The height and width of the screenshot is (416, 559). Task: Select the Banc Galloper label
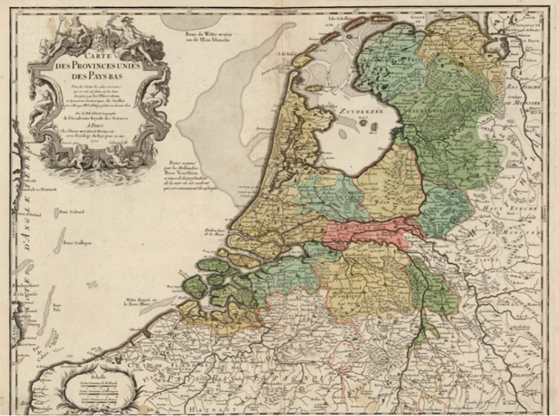[x=77, y=243]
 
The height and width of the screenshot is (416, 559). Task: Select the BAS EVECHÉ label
[x=523, y=87]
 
